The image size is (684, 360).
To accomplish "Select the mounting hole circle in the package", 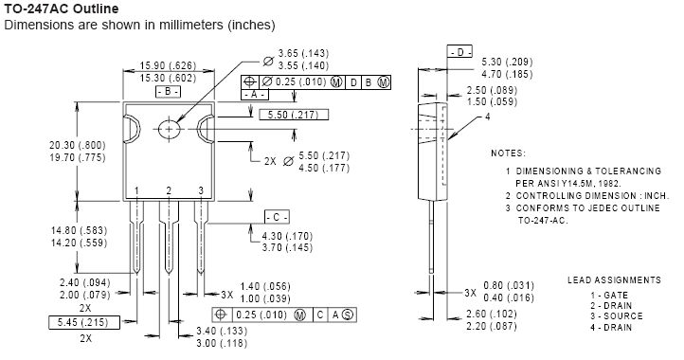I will click(170, 128).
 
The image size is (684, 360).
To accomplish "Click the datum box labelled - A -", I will click(256, 96).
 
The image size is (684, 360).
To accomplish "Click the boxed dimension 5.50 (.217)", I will click(294, 115).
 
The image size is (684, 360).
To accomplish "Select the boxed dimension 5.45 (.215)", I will click(81, 323).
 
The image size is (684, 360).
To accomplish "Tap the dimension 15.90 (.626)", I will click(168, 65).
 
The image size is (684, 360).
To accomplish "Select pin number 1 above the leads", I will click(137, 191).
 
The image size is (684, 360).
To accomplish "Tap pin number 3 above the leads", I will click(200, 191).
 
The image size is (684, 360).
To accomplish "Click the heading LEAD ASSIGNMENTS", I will click(614, 280).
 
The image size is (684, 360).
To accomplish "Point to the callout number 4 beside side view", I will click(487, 117).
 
